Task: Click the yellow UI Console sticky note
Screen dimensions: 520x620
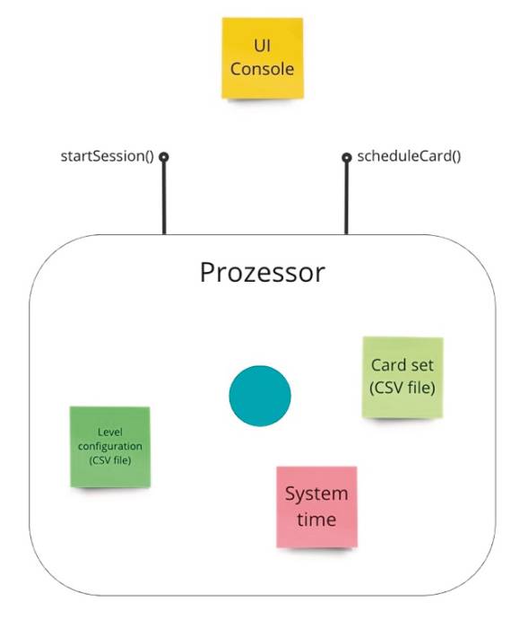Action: (263, 58)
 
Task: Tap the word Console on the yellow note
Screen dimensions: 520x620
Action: (262, 69)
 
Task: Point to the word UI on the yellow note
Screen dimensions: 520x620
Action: (263, 46)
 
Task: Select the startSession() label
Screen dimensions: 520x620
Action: (107, 157)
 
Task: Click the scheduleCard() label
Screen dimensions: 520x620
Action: (409, 157)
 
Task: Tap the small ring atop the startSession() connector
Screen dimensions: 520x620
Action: (163, 157)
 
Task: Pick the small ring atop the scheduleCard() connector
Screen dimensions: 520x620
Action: (347, 157)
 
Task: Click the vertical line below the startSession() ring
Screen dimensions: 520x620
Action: (164, 198)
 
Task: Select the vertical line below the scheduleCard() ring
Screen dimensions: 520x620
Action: (347, 198)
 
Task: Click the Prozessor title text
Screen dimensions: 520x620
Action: (263, 273)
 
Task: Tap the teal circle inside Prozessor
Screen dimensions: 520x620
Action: (260, 396)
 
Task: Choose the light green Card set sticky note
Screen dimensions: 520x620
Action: (403, 377)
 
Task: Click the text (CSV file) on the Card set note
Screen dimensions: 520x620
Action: (403, 388)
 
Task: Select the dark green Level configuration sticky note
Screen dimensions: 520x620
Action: (110, 447)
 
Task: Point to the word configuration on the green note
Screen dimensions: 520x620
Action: (110, 447)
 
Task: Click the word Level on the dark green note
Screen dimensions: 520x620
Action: (110, 432)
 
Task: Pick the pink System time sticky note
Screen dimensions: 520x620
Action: (316, 507)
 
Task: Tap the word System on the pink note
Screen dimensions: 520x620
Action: (316, 494)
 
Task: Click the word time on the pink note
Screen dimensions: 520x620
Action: (316, 520)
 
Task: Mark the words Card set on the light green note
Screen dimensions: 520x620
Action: (403, 365)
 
